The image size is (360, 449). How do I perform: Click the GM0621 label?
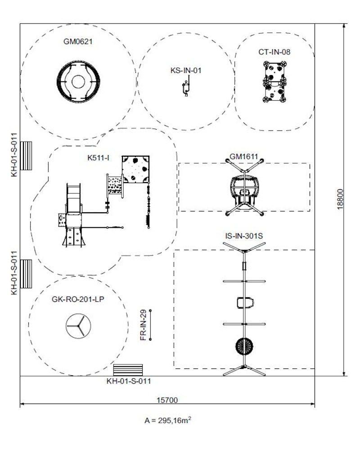tap(78, 41)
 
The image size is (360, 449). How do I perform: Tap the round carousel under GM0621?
tap(78, 82)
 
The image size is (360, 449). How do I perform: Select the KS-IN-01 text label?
tap(186, 70)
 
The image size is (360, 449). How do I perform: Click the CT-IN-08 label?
tap(274, 52)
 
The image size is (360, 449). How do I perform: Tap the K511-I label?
tap(99, 158)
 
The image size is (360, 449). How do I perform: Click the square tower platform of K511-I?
tap(136, 170)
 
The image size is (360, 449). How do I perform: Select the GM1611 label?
tap(243, 157)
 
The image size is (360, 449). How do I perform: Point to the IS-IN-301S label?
tap(243, 235)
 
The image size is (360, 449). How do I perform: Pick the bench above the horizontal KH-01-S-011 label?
tap(128, 370)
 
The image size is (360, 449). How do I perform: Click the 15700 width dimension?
tap(166, 400)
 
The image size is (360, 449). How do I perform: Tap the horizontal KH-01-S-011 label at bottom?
tap(129, 381)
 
